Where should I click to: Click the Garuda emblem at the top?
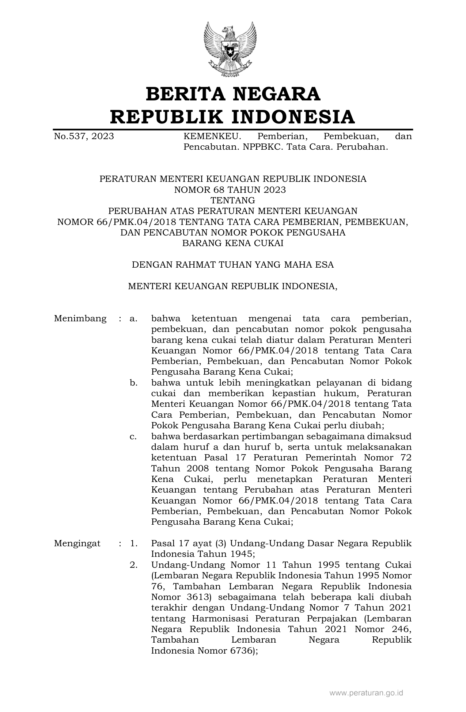(x=230, y=49)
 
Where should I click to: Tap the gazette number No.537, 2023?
(x=84, y=137)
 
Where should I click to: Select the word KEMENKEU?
(x=212, y=137)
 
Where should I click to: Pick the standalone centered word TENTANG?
(x=233, y=200)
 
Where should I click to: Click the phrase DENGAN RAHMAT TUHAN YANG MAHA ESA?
(x=233, y=265)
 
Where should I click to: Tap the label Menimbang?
(x=80, y=319)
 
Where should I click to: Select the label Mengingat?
(x=77, y=543)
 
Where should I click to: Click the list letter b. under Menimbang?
(x=133, y=383)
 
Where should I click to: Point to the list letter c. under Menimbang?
(x=133, y=436)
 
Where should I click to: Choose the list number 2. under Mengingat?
(x=133, y=565)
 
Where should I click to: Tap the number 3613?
(x=196, y=597)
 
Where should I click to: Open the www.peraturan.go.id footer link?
(x=366, y=693)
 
